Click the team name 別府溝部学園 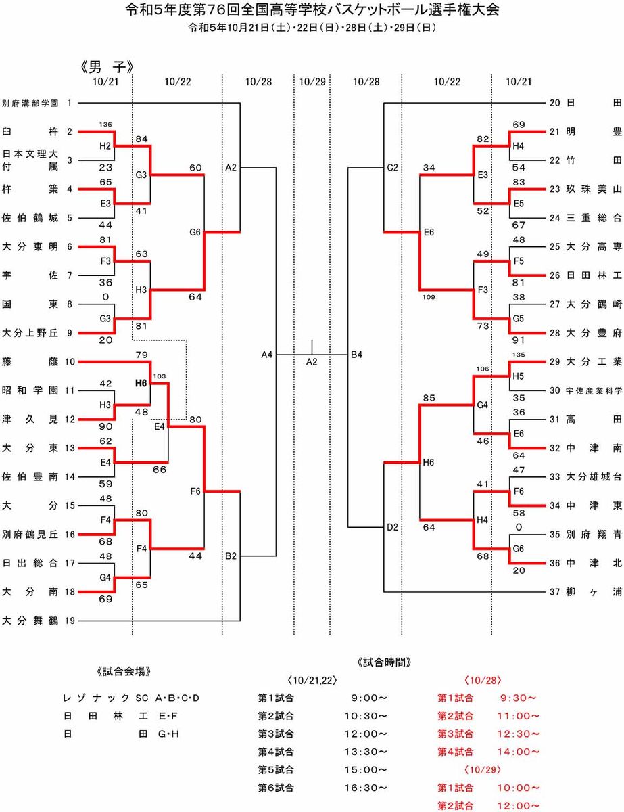30,104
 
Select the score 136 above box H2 105,125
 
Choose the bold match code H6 141,383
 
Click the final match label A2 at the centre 312,362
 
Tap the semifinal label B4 356,353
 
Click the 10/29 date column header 312,81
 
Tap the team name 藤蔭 30,362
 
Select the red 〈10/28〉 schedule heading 482,679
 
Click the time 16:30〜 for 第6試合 369,788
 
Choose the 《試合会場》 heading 124,671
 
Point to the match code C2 393,166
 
